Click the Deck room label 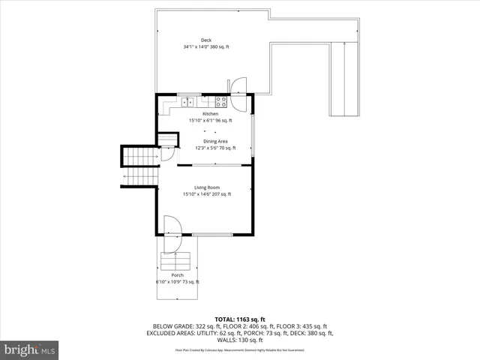coord(205,40)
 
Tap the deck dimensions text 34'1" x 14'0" coord(205,46)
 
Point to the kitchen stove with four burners coord(222,100)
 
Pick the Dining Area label coord(215,141)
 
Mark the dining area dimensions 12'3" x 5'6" coord(215,148)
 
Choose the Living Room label coord(208,187)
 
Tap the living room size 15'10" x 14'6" coord(208,194)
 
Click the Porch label coord(178,275)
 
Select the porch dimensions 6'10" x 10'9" coord(178,282)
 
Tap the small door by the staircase coord(168,152)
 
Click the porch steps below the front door coord(177,262)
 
